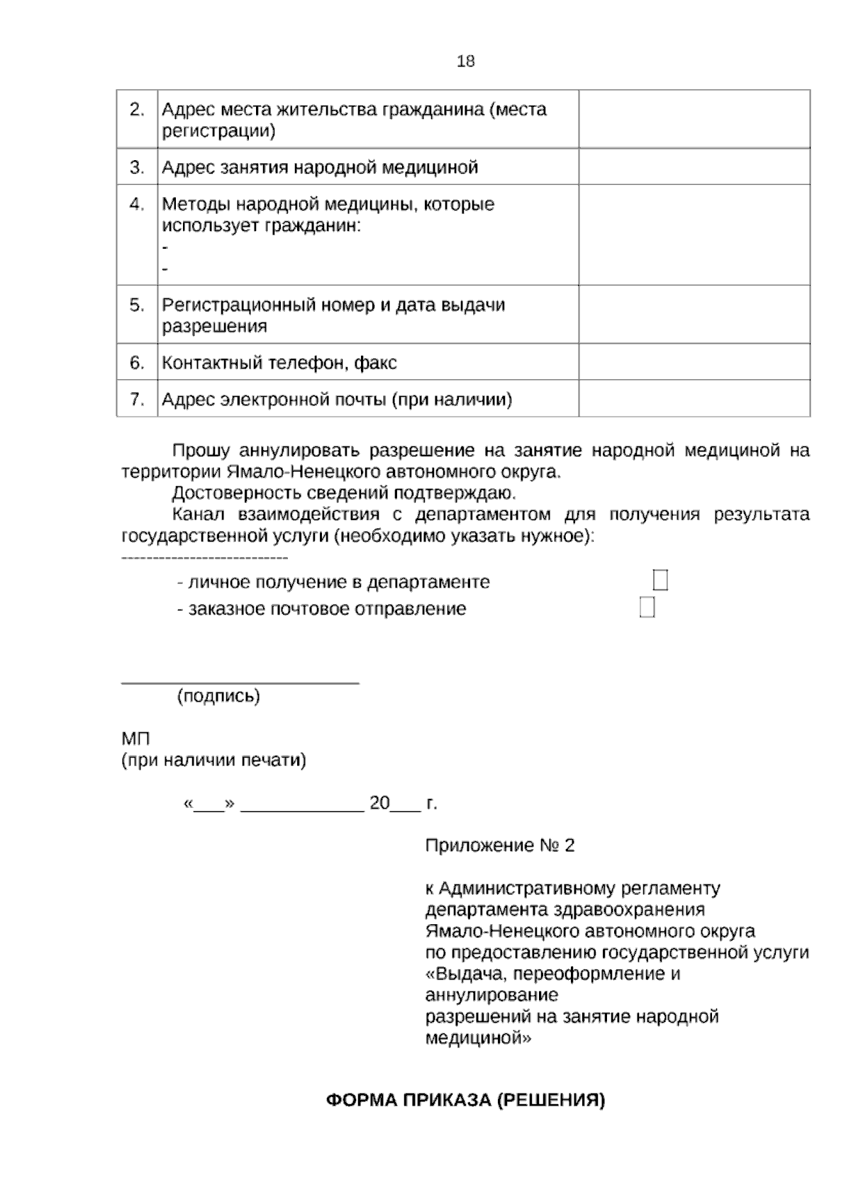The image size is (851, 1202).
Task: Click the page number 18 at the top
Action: coord(465,62)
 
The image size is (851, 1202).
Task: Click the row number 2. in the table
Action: coord(137,110)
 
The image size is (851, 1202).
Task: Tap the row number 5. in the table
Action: coord(137,305)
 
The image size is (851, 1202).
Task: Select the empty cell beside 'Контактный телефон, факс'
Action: coord(694,362)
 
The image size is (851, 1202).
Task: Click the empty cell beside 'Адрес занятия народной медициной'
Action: coord(694,167)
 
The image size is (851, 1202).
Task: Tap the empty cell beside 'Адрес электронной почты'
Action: coord(694,398)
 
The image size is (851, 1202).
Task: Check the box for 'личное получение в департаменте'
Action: coord(660,580)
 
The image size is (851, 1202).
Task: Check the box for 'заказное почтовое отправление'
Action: coord(646,607)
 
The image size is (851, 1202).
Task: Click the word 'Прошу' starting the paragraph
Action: coord(201,451)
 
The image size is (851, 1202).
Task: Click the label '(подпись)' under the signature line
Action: coord(218,696)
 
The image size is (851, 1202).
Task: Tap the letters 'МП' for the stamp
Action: coord(135,738)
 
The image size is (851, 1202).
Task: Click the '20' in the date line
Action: coord(379,803)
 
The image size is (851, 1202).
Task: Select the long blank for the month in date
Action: coord(302,807)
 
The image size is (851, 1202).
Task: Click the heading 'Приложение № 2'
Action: coord(499,846)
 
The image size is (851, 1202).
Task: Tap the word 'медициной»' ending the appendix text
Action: coord(478,1038)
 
